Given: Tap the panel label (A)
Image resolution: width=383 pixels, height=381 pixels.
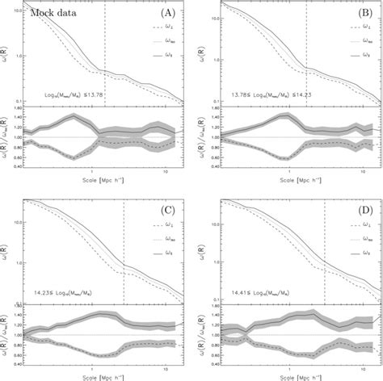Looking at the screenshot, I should point(168,13).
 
